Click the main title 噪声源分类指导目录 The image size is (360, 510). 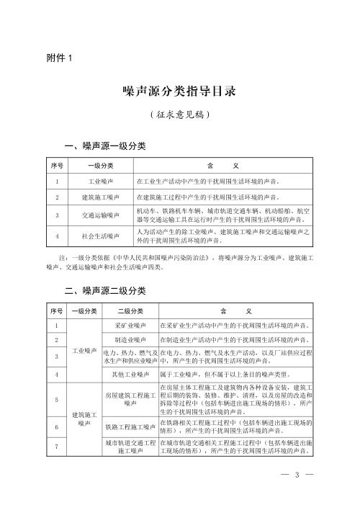click(x=179, y=91)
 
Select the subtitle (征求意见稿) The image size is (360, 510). click(x=179, y=114)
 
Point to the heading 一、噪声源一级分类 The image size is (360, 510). click(x=106, y=146)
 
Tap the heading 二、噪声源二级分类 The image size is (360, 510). click(x=106, y=291)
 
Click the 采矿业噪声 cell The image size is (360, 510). click(x=130, y=325)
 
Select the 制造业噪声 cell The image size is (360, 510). click(x=130, y=339)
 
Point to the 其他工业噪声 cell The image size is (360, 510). click(x=130, y=375)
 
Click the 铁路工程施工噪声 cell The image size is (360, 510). click(x=130, y=426)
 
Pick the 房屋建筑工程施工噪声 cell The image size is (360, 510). click(x=130, y=400)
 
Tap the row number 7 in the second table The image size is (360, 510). click(x=56, y=447)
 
